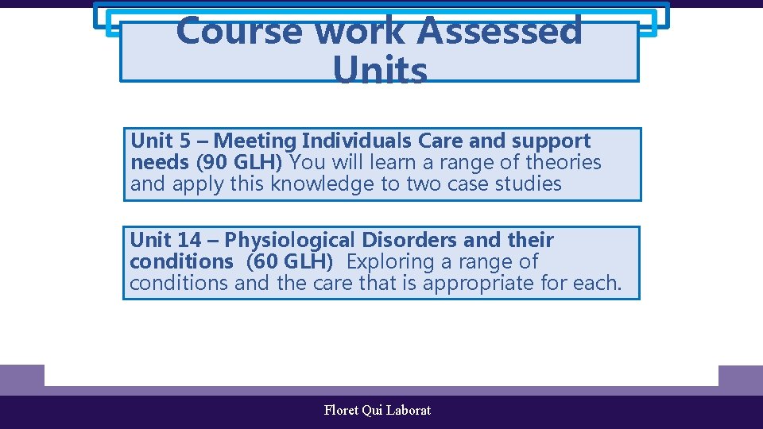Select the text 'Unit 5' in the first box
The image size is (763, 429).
161,141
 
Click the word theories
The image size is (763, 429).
563,163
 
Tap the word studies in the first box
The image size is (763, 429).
528,184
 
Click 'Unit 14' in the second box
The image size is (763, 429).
165,240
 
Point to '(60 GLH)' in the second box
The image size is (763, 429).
289,261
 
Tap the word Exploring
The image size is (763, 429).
395,261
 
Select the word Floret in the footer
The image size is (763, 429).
341,411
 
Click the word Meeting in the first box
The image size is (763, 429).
255,141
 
